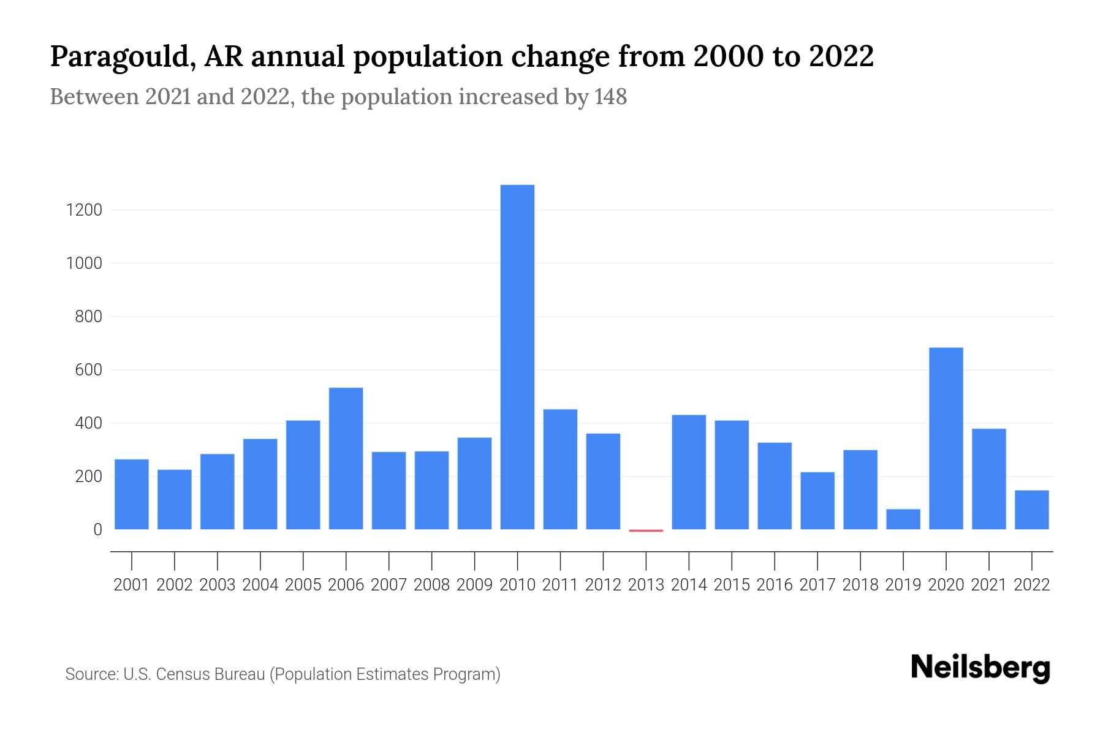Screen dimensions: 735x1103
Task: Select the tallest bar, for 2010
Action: pyautogui.click(x=517, y=356)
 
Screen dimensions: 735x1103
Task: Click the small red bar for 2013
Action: pyautogui.click(x=646, y=530)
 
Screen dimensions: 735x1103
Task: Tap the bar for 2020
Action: pyautogui.click(x=946, y=438)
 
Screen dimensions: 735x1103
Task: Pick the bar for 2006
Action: pyautogui.click(x=346, y=458)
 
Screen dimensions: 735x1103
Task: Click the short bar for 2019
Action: pyautogui.click(x=903, y=519)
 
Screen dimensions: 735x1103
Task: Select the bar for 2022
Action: pyautogui.click(x=1031, y=510)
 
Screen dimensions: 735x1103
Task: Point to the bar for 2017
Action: pyautogui.click(x=817, y=500)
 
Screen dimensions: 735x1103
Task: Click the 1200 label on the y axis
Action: pyautogui.click(x=84, y=210)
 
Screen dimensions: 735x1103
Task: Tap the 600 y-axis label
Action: pyautogui.click(x=88, y=370)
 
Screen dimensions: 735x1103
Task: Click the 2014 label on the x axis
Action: pyautogui.click(x=688, y=585)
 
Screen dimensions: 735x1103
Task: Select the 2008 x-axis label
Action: pyautogui.click(x=431, y=585)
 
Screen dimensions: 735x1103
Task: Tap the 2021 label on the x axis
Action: pyautogui.click(x=988, y=585)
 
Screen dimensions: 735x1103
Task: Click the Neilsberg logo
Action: pyautogui.click(x=980, y=668)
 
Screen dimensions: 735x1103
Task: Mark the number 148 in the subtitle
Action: pyautogui.click(x=610, y=97)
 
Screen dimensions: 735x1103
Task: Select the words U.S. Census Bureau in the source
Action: pyautogui.click(x=194, y=674)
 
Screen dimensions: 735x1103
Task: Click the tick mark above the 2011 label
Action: pyautogui.click(x=560, y=560)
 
